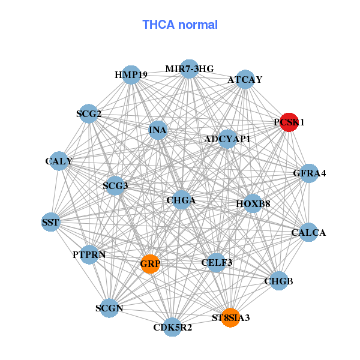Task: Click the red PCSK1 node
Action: click(289, 122)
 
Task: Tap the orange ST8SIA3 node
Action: click(230, 317)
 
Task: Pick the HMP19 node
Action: click(131, 75)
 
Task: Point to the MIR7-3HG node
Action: click(190, 68)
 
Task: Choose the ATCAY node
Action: click(245, 79)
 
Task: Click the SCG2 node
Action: click(89, 113)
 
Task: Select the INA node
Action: click(158, 130)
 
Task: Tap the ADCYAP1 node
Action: click(227, 139)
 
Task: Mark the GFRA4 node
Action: click(310, 173)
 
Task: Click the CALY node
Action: click(59, 161)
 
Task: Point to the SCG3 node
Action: click(115, 186)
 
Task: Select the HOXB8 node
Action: click(253, 204)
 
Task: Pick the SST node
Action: click(50, 223)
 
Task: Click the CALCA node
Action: click(308, 232)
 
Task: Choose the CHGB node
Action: click(278, 281)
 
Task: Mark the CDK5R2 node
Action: click(173, 327)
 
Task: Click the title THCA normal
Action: click(180, 25)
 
